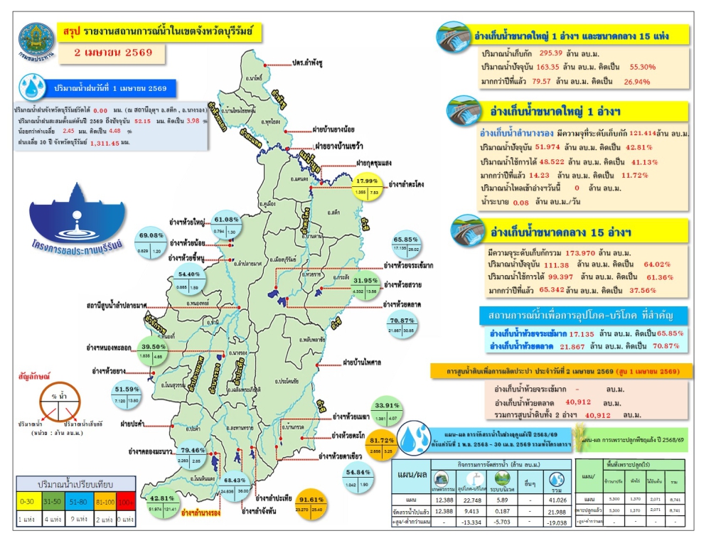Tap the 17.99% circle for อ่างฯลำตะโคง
[373, 186]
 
